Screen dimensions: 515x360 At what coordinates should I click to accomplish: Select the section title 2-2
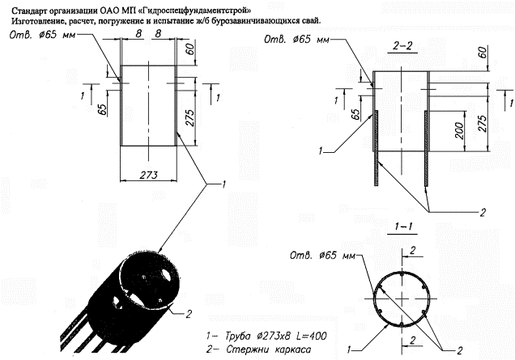pos(402,46)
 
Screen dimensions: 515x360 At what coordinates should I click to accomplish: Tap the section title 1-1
pos(403,227)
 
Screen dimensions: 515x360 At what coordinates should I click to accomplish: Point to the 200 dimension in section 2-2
pos(460,130)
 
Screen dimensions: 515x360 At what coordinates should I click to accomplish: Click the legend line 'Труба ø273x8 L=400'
pos(266,336)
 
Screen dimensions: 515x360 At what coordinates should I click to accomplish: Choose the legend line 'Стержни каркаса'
pos(258,349)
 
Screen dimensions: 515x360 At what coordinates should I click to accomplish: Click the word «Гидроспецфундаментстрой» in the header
pos(196,11)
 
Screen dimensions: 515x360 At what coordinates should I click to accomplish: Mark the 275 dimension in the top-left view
pos(189,117)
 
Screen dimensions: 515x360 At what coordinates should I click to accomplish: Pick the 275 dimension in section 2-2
pos(482,123)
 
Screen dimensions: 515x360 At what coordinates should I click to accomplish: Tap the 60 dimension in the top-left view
pos(189,49)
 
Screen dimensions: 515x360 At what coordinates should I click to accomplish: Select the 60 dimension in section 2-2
pos(483,53)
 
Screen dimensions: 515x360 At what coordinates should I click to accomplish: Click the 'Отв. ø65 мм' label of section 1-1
pos(322,256)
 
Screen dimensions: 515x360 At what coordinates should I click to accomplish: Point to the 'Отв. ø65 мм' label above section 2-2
pos(296,40)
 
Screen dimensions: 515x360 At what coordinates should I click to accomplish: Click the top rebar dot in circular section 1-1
pos(402,273)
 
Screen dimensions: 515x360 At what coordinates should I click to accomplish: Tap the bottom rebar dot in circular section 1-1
pos(402,324)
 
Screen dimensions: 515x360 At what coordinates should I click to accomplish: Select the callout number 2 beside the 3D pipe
pos(188,314)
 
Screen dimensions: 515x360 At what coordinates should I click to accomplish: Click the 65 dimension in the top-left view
pos(102,109)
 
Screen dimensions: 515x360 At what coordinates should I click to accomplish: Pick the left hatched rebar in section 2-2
pos(377,148)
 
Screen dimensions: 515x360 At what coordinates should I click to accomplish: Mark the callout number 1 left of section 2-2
pos(321,151)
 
